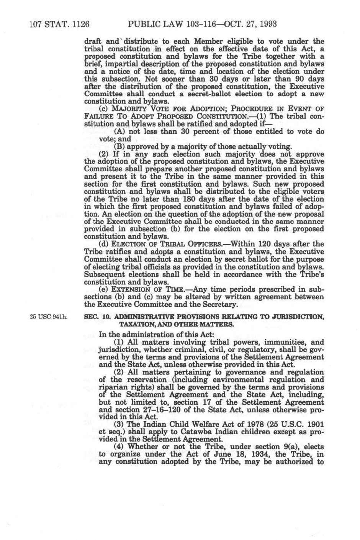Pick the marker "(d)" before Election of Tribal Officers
pyautogui.click(x=103, y=244)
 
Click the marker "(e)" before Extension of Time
pyautogui.click(x=103, y=289)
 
